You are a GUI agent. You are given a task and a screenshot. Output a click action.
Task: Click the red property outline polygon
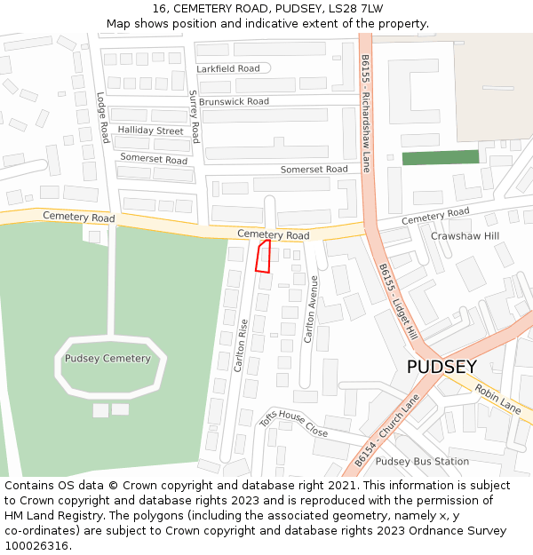pos(263,256)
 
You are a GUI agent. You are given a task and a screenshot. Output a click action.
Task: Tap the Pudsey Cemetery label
pos(107,359)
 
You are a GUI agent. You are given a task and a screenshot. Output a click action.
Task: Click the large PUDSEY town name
pos(442,367)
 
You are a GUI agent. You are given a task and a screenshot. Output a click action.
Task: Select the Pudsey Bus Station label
pos(422,462)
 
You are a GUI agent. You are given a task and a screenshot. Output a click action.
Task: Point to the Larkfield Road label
pos(228,68)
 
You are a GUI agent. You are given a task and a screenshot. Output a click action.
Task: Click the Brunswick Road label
pos(234,102)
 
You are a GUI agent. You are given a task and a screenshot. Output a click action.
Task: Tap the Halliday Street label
pos(150,131)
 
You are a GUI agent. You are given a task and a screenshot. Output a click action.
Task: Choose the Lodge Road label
pos(103,117)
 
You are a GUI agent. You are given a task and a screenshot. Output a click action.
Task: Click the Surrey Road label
pos(194,116)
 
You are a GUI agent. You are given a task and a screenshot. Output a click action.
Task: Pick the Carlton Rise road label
pos(241,346)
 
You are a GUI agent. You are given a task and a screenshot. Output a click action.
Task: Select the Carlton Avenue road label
pos(312,309)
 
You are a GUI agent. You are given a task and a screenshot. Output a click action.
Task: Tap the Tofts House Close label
pos(293,424)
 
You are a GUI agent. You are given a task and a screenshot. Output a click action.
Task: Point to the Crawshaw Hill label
pos(465,236)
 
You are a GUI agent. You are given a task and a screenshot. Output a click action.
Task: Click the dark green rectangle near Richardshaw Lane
pos(440,157)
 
